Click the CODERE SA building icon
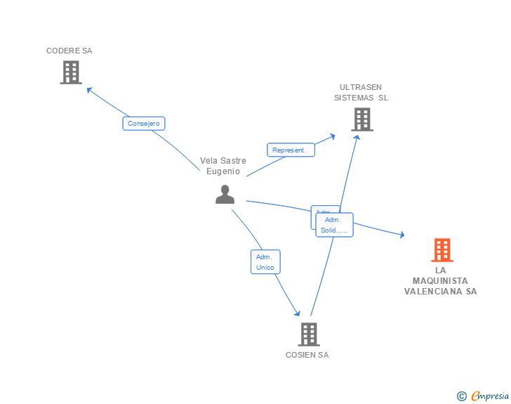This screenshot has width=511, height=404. (x=70, y=72)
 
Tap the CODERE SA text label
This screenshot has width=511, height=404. (x=69, y=51)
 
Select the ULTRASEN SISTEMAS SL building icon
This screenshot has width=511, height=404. (x=361, y=119)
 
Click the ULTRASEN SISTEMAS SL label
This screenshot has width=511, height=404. (x=361, y=93)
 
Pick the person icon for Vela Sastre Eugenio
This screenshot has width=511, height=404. (x=225, y=195)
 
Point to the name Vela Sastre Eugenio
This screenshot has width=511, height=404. (x=223, y=166)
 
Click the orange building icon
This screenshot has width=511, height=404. (x=442, y=250)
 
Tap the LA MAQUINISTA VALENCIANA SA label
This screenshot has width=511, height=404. (x=440, y=281)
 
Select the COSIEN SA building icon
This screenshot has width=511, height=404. (x=308, y=334)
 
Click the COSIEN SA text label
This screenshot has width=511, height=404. (x=307, y=355)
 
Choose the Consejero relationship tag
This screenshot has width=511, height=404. (x=144, y=124)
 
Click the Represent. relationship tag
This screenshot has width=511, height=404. (x=291, y=150)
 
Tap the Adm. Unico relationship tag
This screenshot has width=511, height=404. (x=265, y=262)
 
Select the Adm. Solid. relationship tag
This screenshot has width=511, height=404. (x=334, y=225)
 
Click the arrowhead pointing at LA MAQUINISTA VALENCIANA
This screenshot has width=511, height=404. (x=401, y=235)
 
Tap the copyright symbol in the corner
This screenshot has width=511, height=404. (x=461, y=396)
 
